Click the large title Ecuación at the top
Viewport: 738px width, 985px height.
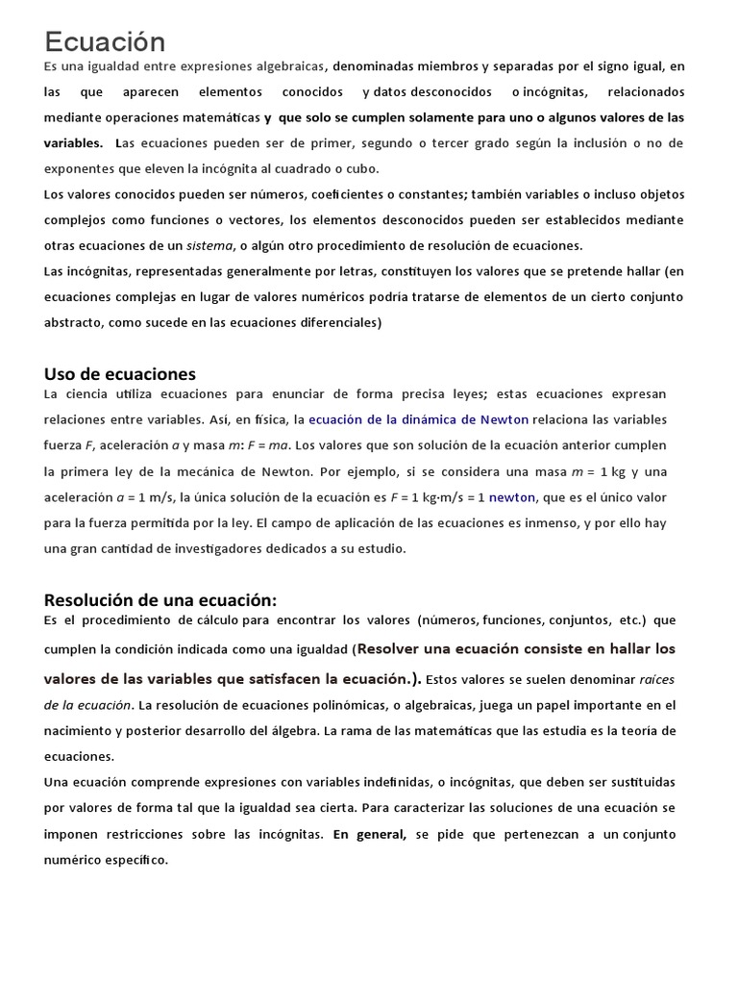coord(105,41)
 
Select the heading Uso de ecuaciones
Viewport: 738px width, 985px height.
coord(120,373)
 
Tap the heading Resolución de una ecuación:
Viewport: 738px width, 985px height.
coord(160,599)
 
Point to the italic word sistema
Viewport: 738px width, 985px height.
coord(209,245)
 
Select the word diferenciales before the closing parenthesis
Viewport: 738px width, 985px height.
coord(332,323)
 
